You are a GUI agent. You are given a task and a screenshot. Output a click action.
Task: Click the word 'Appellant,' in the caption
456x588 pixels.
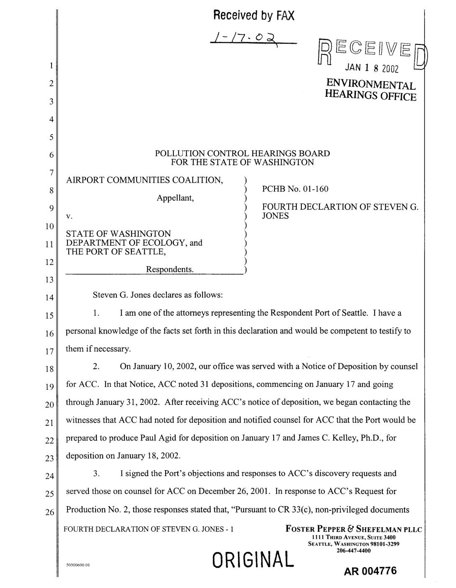[175, 198]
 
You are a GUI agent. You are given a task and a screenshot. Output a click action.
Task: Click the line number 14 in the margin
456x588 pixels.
[49, 298]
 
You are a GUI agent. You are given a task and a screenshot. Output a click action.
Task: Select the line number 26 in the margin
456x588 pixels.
[49, 512]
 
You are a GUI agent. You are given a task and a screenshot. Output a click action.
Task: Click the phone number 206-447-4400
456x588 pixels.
[353, 551]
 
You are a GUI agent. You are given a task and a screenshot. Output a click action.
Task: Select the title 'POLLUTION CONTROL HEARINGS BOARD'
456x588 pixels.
[242, 153]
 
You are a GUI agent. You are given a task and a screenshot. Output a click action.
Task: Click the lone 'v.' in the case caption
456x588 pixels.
[69, 217]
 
